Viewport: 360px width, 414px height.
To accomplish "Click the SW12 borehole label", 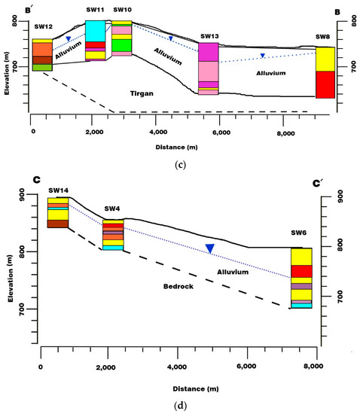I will (x=42, y=27).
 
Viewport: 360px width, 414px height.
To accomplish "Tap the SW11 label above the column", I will (x=94, y=9).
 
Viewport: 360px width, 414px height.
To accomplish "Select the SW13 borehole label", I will (x=209, y=35).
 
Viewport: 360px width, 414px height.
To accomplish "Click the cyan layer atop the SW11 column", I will (x=95, y=30).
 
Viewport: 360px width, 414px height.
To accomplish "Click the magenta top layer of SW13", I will (x=209, y=52).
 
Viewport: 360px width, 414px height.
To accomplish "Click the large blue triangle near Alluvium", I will (x=211, y=248).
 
